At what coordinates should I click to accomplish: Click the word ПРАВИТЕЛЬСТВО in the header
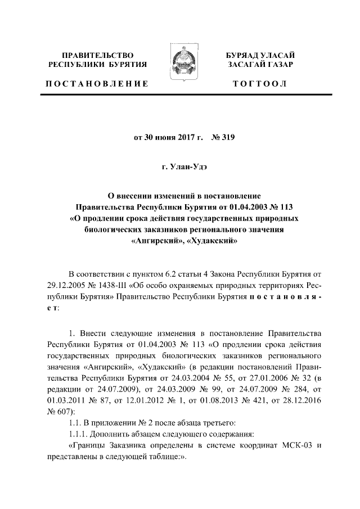tap(98, 55)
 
